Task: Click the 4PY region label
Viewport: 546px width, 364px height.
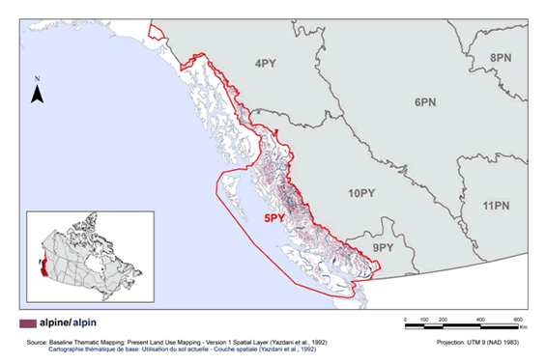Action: [x=267, y=64]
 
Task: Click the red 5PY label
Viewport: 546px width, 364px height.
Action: [x=275, y=219]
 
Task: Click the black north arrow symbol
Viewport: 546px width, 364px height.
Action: [x=37, y=94]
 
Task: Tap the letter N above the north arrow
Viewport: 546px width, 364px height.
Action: [x=37, y=78]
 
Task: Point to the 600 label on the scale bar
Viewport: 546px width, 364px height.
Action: [x=518, y=319]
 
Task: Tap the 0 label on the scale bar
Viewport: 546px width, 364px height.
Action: [x=403, y=319]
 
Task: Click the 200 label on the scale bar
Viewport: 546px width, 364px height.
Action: [x=442, y=319]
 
